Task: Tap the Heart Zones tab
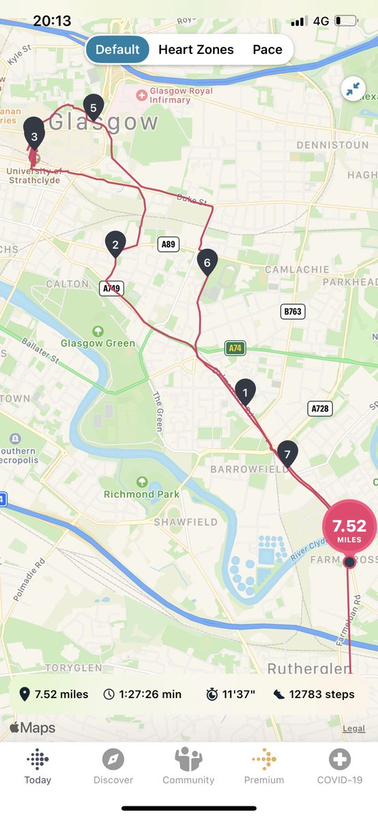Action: [x=196, y=50]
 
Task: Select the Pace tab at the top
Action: [x=267, y=50]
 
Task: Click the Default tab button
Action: [x=117, y=50]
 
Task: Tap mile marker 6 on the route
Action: [x=207, y=262]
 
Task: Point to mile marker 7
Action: [x=287, y=453]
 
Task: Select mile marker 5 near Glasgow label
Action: [x=93, y=106]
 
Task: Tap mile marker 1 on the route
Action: [x=245, y=391]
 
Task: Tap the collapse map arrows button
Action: [x=353, y=89]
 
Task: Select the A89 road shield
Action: [x=167, y=244]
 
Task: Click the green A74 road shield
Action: [x=235, y=348]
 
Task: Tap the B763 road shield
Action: [x=293, y=312]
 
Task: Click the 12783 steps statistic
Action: [x=313, y=694]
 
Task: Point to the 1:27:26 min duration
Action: [x=143, y=694]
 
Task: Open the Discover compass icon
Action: [x=113, y=759]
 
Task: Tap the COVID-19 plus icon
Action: [x=340, y=759]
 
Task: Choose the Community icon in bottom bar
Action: [x=188, y=759]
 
